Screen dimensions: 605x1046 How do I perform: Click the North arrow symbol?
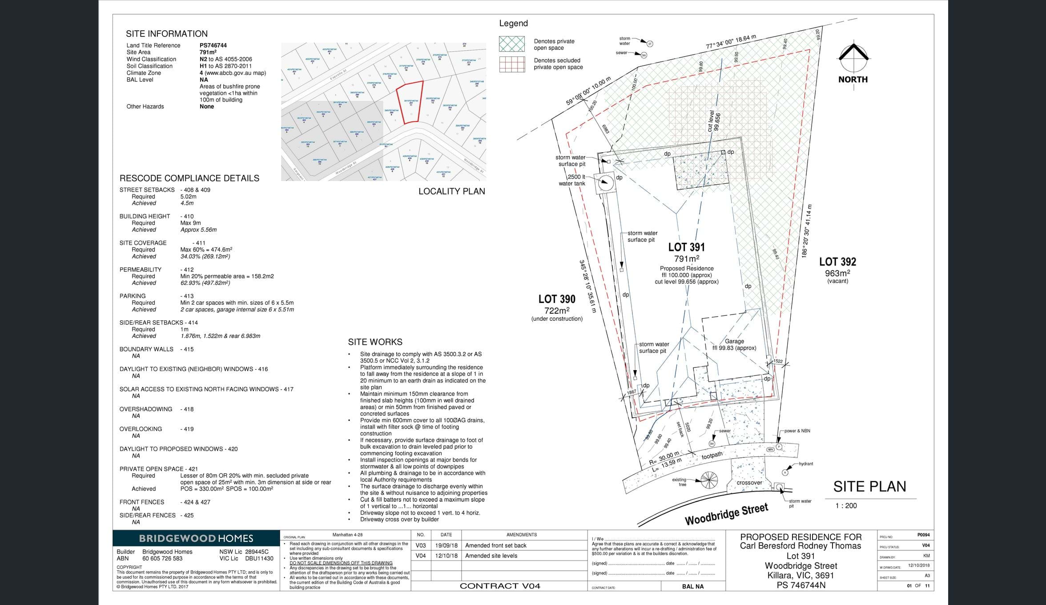pyautogui.click(x=853, y=58)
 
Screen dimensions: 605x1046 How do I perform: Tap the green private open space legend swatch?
pyautogui.click(x=512, y=44)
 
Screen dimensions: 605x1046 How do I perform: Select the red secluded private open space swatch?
pyautogui.click(x=512, y=64)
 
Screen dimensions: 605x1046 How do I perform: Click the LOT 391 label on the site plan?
pyautogui.click(x=686, y=247)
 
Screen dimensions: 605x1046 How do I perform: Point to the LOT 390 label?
pyautogui.click(x=557, y=299)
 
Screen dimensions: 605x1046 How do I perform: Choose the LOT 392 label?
pyautogui.click(x=837, y=262)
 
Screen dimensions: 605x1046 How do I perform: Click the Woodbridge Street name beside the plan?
pyautogui.click(x=726, y=514)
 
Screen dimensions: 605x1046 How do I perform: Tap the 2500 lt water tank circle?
pyautogui.click(x=605, y=182)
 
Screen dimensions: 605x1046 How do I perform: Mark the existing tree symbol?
pyautogui.click(x=709, y=479)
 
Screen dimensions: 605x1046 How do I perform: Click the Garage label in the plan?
pyautogui.click(x=734, y=341)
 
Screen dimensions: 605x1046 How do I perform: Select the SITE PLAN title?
pyautogui.click(x=869, y=487)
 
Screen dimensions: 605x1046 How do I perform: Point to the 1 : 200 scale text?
pyautogui.click(x=846, y=506)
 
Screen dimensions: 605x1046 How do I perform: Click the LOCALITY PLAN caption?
pyautogui.click(x=451, y=191)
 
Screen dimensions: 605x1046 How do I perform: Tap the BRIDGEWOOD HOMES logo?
pyautogui.click(x=196, y=538)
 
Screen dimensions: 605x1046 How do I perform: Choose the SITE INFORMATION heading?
pyautogui.click(x=166, y=34)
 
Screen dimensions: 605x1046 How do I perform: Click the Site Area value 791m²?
pyautogui.click(x=208, y=52)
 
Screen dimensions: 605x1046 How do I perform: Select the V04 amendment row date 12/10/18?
pyautogui.click(x=446, y=556)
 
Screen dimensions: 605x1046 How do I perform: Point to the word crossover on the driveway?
pyautogui.click(x=749, y=483)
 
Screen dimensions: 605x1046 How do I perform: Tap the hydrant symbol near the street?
pyautogui.click(x=785, y=472)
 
